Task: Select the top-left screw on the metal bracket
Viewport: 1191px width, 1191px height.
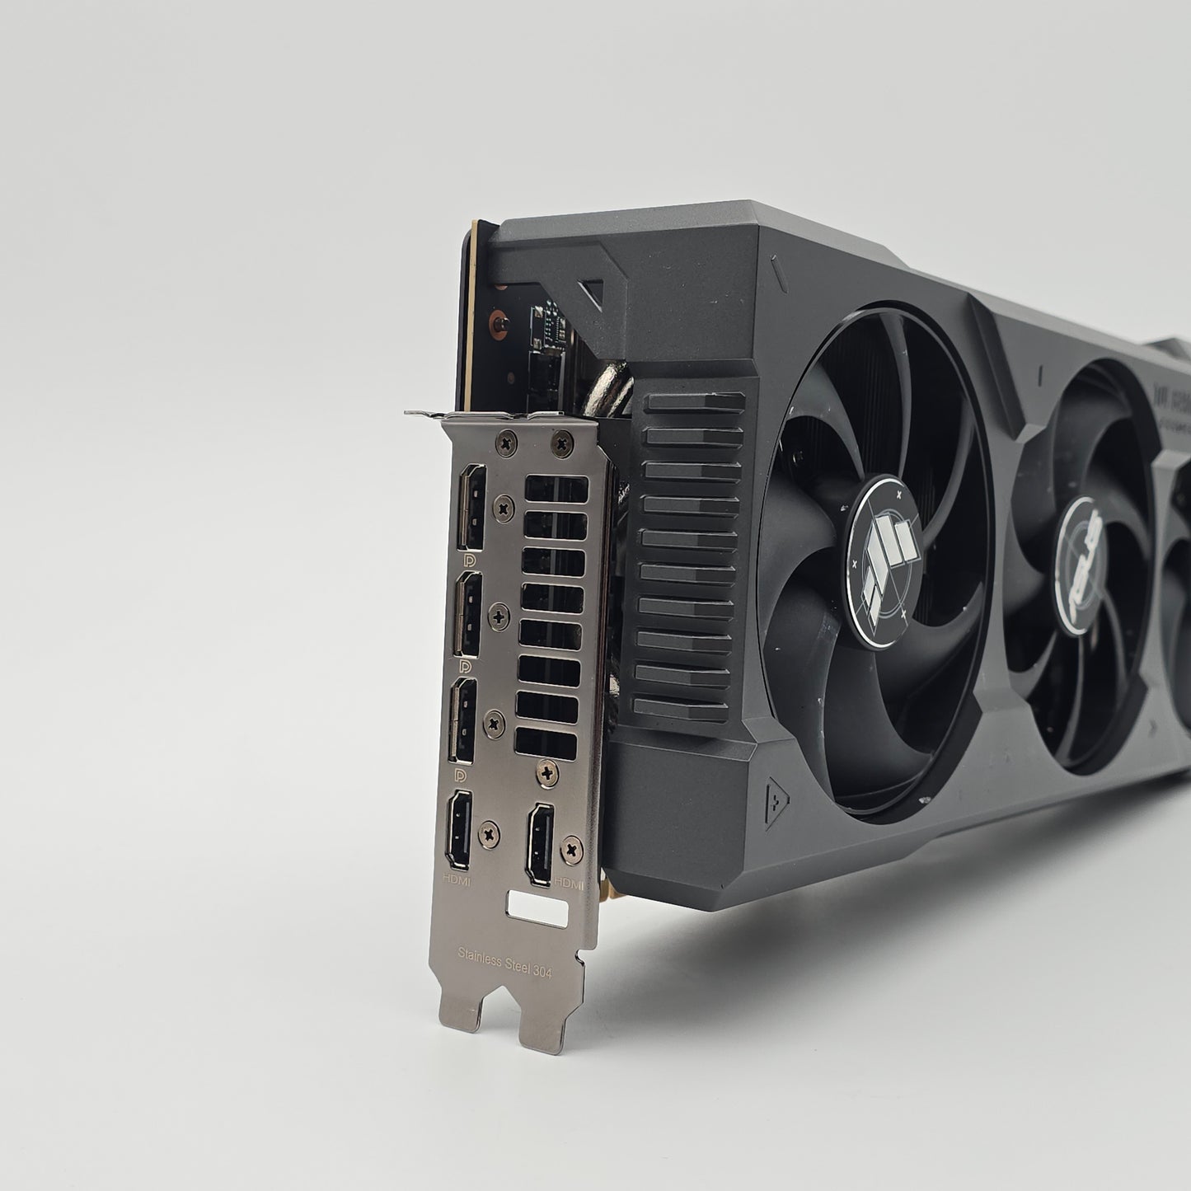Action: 504,445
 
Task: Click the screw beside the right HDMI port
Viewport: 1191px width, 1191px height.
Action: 570,849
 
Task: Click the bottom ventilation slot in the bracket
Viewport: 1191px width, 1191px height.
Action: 545,742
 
